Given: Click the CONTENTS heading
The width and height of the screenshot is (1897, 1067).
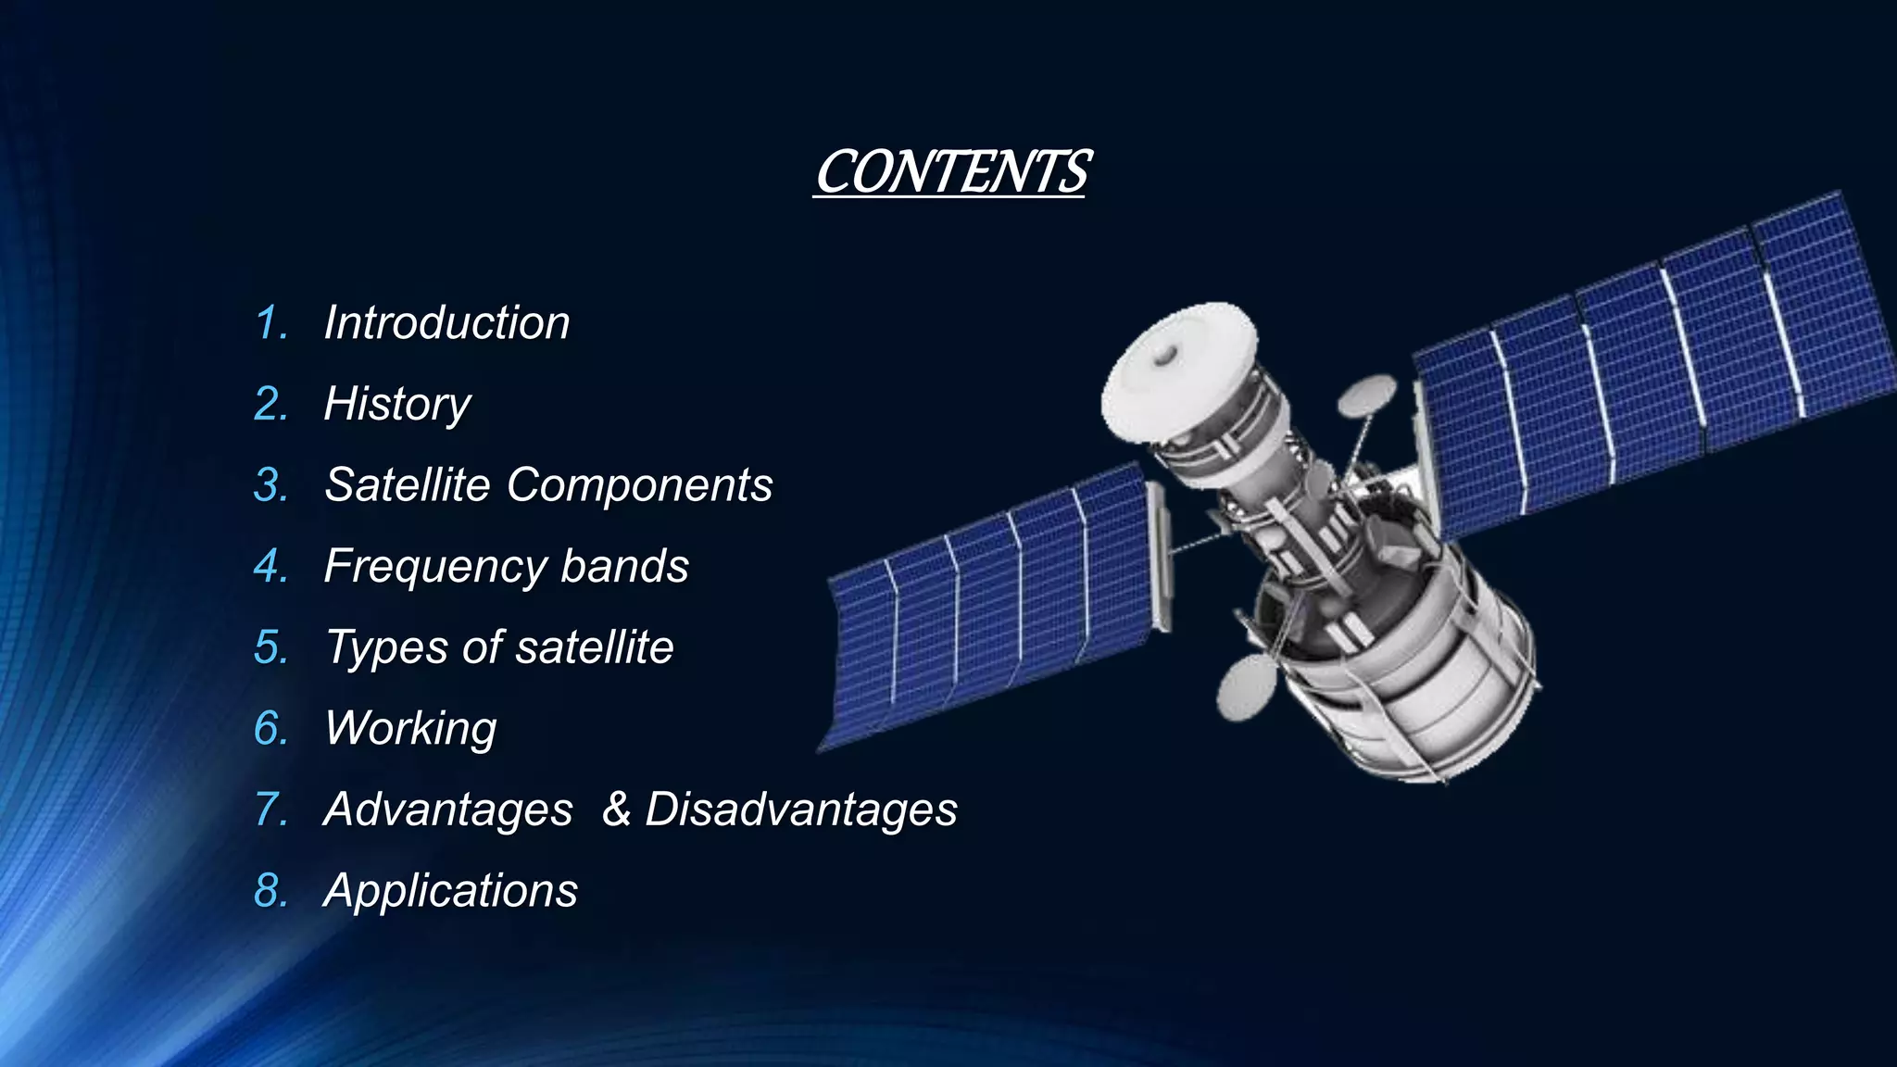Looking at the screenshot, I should [x=951, y=172].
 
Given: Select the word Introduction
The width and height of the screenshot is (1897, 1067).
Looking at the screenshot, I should [x=446, y=323].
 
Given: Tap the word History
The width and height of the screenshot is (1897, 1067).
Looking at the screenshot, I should [x=397, y=405].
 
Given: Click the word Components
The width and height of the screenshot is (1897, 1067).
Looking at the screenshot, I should [x=639, y=485].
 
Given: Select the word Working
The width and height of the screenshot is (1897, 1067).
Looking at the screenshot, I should [x=410, y=729].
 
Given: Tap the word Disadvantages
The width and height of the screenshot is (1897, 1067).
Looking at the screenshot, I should [x=800, y=810].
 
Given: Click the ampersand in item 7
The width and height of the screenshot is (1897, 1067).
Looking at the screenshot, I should [x=616, y=810].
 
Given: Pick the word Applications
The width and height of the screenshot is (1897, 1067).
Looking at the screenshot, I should [x=450, y=891].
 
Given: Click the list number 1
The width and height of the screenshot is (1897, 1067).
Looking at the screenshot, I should [x=270, y=323].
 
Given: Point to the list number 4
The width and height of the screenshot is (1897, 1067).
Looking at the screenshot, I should [x=270, y=567].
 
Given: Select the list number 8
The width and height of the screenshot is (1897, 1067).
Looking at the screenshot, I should [x=270, y=891].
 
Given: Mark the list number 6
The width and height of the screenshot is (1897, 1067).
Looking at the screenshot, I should [x=270, y=729].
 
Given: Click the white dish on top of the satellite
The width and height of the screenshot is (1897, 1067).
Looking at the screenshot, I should [x=1176, y=366].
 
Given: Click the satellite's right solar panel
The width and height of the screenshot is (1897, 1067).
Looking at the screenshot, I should [x=1649, y=361].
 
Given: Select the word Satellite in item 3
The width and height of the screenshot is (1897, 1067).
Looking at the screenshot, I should [x=408, y=485].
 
